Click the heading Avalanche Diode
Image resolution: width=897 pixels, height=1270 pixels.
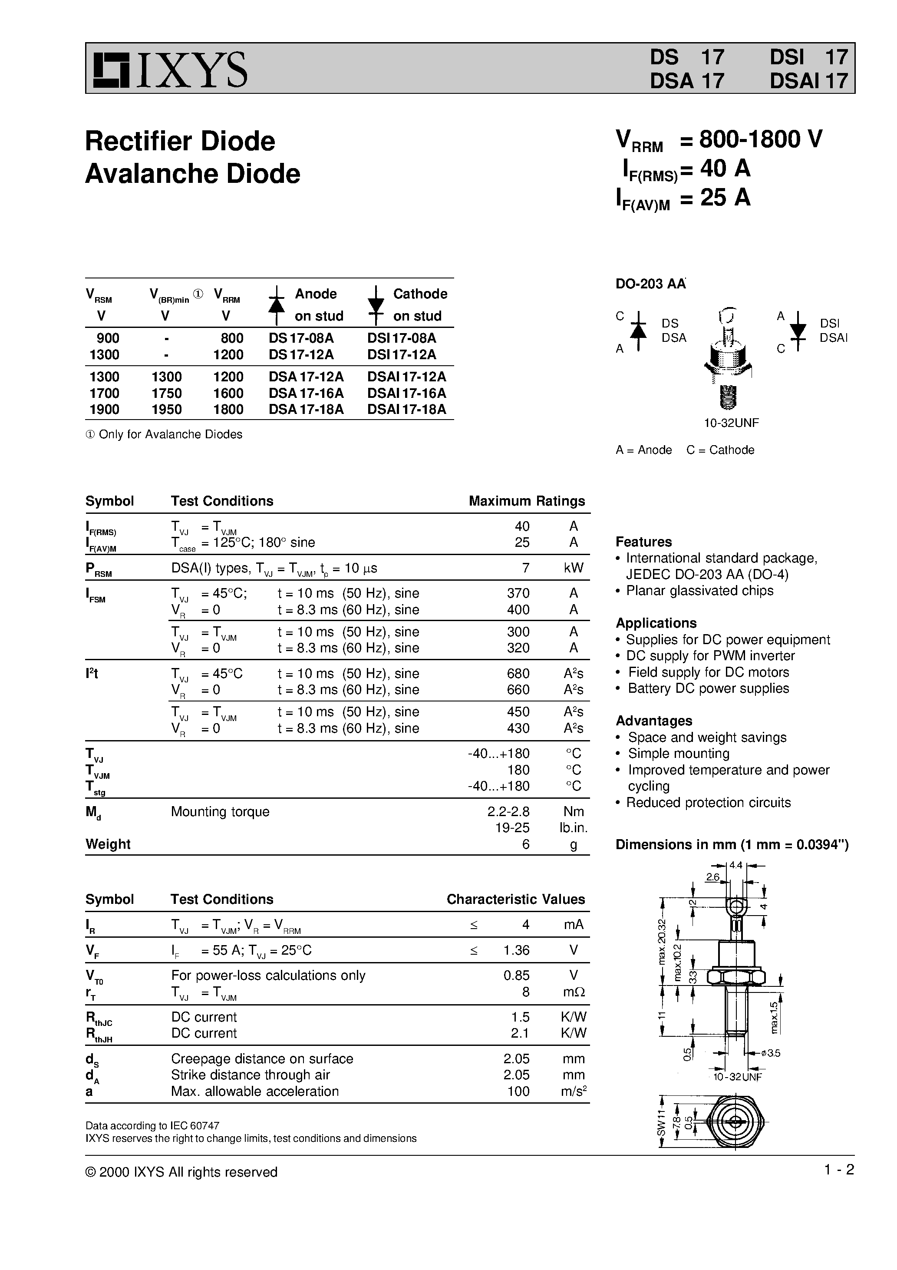[x=192, y=174]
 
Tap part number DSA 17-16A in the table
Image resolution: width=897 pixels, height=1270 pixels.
[x=306, y=393]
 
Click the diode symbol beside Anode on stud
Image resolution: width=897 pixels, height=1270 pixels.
[x=277, y=305]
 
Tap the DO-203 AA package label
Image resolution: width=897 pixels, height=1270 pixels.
[x=650, y=284]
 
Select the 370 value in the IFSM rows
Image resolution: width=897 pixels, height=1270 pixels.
[x=518, y=593]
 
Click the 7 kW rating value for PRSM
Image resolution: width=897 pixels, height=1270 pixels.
[x=525, y=568]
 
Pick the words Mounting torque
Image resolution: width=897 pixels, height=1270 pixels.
[x=220, y=812]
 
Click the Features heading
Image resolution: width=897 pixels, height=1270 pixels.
[x=644, y=542]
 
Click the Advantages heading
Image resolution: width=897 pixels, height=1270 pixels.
[x=654, y=721]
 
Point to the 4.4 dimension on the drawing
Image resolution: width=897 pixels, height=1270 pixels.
[x=735, y=865]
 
